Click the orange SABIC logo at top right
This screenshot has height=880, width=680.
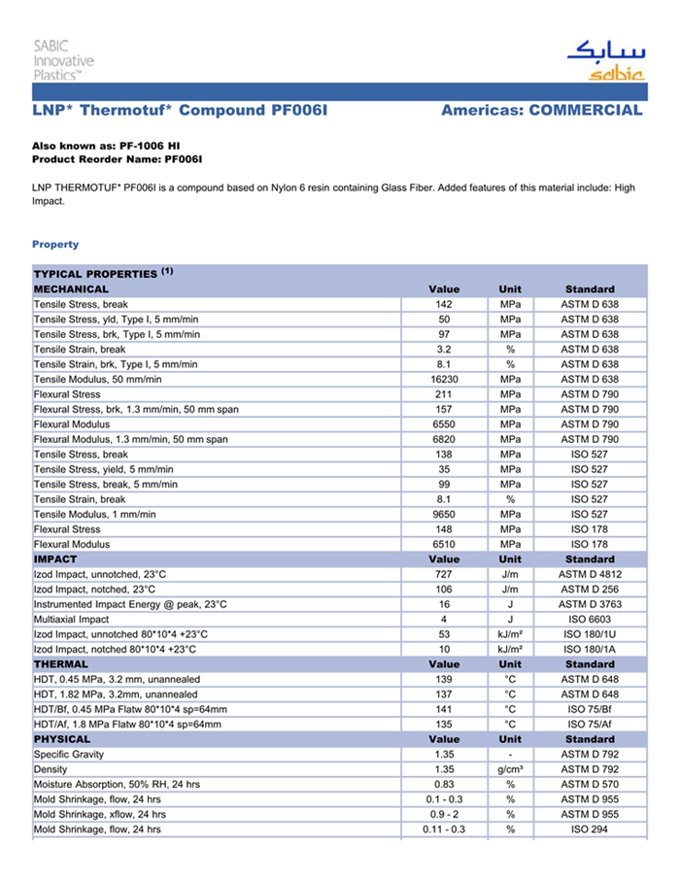tap(604, 60)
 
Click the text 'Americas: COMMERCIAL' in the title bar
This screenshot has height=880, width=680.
tap(541, 110)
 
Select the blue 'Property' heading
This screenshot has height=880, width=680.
tap(55, 244)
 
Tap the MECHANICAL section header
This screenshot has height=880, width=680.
tap(72, 288)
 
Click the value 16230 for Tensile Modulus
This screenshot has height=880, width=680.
tap(444, 379)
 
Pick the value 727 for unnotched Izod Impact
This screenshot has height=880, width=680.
tap(444, 575)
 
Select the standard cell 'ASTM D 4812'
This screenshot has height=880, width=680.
tap(590, 575)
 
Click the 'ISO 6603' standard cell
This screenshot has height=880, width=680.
tap(590, 620)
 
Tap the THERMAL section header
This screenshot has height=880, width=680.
tap(62, 664)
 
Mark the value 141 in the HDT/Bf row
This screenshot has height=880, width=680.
tap(444, 709)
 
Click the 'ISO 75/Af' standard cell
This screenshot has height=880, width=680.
tap(590, 724)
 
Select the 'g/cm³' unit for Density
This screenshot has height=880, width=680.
tap(510, 769)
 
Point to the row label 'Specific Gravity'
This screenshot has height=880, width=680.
tap(69, 754)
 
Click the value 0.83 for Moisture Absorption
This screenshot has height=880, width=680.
tap(444, 784)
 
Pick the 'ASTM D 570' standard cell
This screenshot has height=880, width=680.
tap(590, 784)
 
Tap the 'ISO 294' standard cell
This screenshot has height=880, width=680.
tap(590, 829)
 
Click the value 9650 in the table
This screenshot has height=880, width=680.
tap(444, 514)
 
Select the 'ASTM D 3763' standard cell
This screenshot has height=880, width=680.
tap(590, 604)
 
